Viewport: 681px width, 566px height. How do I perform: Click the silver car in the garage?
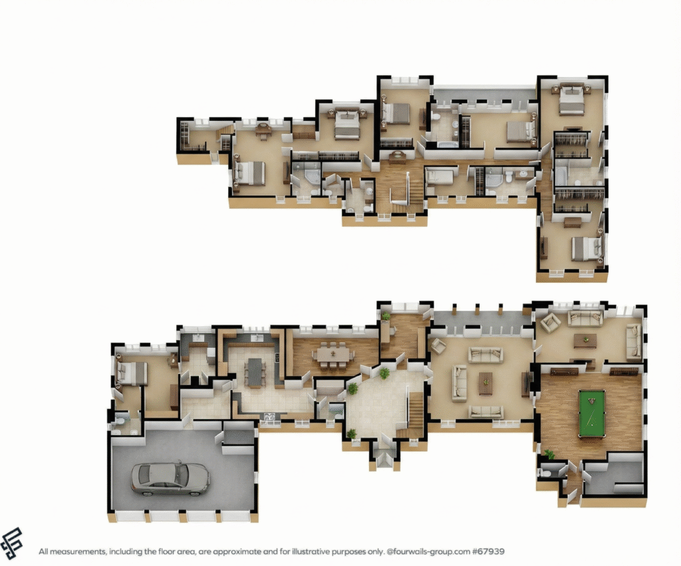[170, 479]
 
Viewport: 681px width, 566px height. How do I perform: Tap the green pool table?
[591, 414]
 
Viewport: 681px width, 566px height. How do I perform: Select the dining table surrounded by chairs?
[333, 355]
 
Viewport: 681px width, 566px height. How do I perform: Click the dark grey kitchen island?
[255, 372]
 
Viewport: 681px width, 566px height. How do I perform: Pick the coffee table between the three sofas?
[485, 383]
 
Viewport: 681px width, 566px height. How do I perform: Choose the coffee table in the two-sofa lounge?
[585, 340]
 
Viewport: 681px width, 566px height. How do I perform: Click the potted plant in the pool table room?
[549, 454]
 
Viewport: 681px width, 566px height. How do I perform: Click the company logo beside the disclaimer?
[12, 544]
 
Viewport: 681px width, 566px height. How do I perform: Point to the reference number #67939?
[488, 551]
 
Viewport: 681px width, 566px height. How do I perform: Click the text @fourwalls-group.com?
[428, 551]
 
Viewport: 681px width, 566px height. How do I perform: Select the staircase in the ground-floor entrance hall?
[414, 412]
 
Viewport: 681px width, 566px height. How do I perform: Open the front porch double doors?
[383, 459]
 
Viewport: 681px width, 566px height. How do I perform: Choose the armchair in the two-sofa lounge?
[550, 323]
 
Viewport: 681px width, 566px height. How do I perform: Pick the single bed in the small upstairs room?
[440, 176]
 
